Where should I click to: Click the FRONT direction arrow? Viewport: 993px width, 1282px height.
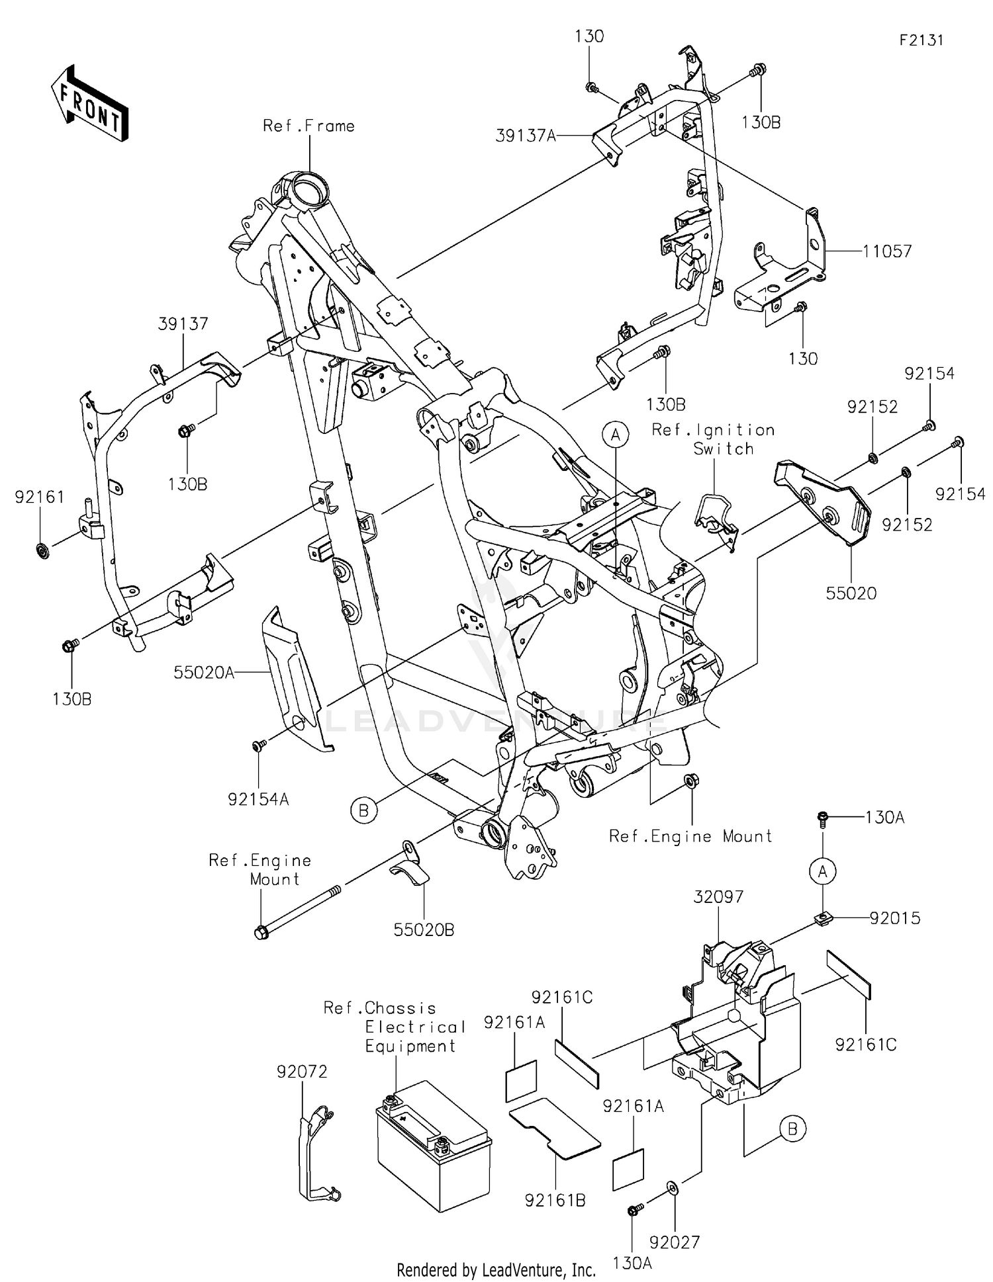(89, 103)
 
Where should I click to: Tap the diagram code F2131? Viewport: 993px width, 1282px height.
(921, 40)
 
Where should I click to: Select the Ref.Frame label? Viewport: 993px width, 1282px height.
(308, 126)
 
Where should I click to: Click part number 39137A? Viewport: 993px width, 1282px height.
(526, 136)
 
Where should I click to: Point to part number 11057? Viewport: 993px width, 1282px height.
(887, 251)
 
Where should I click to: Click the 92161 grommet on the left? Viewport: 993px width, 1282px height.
(42, 550)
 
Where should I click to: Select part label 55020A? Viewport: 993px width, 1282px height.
(204, 673)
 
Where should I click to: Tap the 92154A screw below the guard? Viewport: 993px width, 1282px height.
(258, 746)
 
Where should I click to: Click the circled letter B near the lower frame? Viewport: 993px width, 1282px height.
(363, 810)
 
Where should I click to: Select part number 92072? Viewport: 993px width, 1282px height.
(302, 1071)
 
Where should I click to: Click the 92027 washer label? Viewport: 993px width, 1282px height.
(675, 1242)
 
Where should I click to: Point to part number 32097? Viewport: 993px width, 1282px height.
(718, 897)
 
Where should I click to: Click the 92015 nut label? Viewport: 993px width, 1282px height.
(895, 918)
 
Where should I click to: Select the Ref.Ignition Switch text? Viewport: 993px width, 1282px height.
(714, 439)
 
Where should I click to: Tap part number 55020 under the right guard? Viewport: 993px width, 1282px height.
(851, 593)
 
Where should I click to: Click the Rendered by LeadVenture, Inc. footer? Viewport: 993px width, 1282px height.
(496, 1269)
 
